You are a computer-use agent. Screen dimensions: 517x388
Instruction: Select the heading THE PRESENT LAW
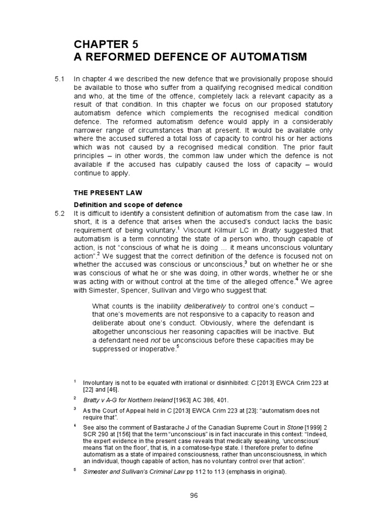[108, 192]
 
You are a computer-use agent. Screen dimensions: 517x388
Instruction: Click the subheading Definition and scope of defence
[128, 204]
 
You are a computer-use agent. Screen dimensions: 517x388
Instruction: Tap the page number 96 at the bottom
[194, 495]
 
